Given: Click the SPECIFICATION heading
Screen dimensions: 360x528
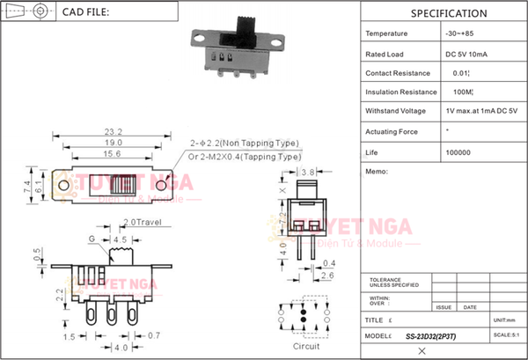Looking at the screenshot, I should pos(448,13).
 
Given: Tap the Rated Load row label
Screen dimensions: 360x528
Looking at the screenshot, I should pos(385,53).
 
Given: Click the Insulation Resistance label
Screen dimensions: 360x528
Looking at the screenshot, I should pos(401,92).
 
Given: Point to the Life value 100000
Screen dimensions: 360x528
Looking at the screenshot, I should pos(458,152).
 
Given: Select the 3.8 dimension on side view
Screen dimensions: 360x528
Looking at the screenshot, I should pos(308,172).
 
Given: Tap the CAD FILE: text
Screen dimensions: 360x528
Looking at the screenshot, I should pos(86,13).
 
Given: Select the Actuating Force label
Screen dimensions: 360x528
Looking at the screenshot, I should pos(392,131).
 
